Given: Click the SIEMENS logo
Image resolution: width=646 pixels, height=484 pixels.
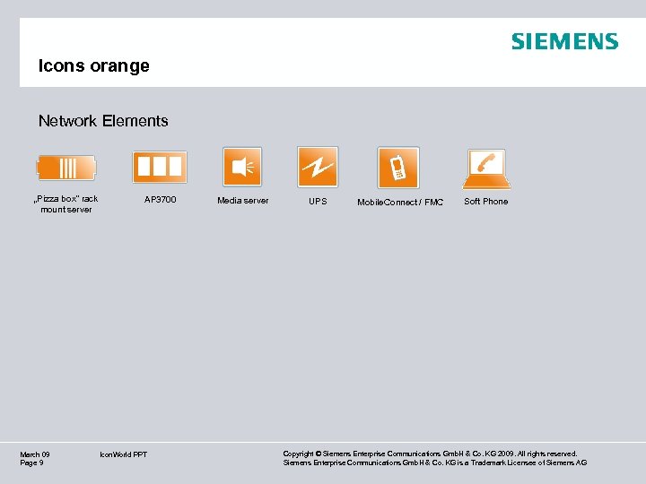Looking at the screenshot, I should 564,41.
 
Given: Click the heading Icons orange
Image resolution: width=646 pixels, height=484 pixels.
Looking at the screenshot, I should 93,65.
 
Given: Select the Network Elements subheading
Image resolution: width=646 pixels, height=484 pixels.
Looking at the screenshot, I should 103,120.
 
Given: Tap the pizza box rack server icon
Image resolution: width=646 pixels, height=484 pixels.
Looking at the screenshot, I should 66,168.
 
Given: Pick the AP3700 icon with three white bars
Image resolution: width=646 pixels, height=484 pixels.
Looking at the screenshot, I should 160,167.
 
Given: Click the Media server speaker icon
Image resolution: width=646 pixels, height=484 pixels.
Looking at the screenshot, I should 242,167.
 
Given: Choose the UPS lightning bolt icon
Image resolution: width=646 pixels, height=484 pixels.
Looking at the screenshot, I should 318,167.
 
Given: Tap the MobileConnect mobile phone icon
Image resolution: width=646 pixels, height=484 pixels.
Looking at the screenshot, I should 398,168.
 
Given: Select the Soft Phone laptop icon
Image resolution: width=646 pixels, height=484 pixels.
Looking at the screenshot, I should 487,168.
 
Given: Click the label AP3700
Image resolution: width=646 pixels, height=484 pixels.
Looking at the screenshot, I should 161,199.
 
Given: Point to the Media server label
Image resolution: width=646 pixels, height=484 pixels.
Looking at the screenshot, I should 242,201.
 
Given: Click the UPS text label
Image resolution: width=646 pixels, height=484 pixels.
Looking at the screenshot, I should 318,202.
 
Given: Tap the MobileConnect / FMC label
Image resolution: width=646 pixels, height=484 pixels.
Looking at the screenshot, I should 400,203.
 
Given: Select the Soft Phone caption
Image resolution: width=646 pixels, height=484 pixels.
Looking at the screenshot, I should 485,202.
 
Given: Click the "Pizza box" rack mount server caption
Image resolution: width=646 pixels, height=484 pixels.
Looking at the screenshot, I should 65,204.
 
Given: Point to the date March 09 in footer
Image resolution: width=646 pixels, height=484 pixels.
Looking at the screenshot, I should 35,454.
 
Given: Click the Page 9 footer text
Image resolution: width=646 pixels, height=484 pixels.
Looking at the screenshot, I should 31,462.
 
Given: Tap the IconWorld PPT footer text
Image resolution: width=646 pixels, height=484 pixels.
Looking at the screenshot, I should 124,454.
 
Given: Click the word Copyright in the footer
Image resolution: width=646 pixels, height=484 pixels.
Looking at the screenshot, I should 301,454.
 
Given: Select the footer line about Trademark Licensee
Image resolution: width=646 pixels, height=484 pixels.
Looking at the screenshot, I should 434,462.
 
